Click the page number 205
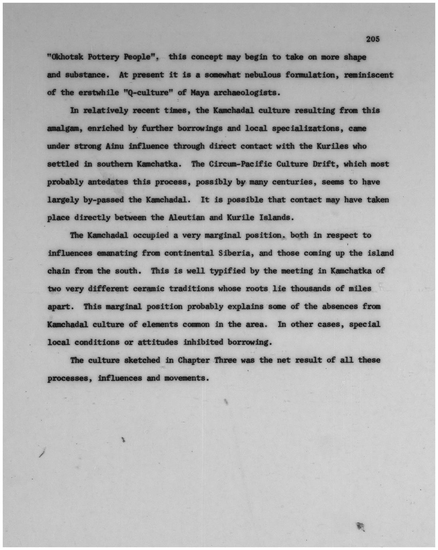[x=372, y=39]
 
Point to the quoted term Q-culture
[x=148, y=93]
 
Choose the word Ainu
[x=114, y=146]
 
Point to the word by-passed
[x=103, y=200]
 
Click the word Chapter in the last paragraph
[x=193, y=360]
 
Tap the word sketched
[x=142, y=360]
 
